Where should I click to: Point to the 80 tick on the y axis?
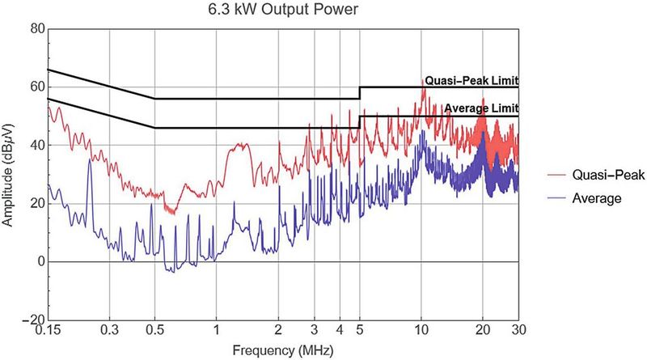pyautogui.click(x=36, y=28)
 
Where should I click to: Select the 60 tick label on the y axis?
pyautogui.click(x=36, y=87)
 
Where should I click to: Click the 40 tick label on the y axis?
pyautogui.click(x=36, y=145)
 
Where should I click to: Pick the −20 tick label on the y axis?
pyautogui.click(x=32, y=320)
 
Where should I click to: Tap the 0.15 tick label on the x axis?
pyautogui.click(x=49, y=332)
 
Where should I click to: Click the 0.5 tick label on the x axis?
pyautogui.click(x=154, y=332)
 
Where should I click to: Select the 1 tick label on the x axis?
pyautogui.click(x=216, y=332)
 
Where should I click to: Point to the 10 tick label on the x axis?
pyautogui.click(x=421, y=332)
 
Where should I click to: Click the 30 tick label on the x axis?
pyautogui.click(x=518, y=332)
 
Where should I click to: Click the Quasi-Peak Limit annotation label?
pyautogui.click(x=471, y=81)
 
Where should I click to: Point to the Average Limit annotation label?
pyautogui.click(x=480, y=108)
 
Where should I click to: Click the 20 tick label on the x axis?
pyautogui.click(x=482, y=332)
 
